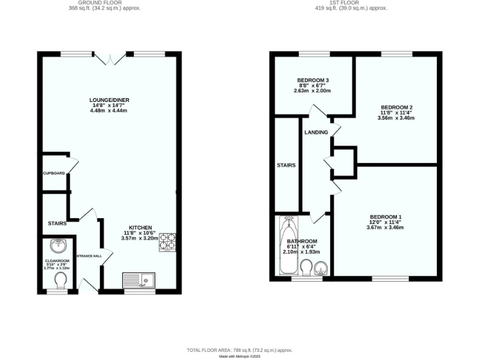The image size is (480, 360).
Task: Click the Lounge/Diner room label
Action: [x=109, y=100]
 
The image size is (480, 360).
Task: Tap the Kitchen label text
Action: [x=139, y=227]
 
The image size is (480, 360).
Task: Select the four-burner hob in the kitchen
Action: [x=167, y=242]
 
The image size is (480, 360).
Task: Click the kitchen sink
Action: [x=138, y=279]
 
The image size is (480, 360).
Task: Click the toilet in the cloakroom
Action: [x=61, y=279]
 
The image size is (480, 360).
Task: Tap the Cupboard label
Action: [x=54, y=172]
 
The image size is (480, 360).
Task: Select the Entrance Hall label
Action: [x=89, y=256]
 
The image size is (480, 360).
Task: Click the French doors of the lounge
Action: [x=111, y=58]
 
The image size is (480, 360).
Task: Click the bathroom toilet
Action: [x=306, y=268]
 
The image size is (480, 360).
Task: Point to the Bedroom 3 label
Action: [x=312, y=81]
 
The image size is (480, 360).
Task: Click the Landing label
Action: [x=316, y=133]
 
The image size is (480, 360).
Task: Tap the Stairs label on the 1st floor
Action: [x=286, y=166]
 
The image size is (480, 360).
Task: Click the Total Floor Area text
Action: [x=240, y=351]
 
